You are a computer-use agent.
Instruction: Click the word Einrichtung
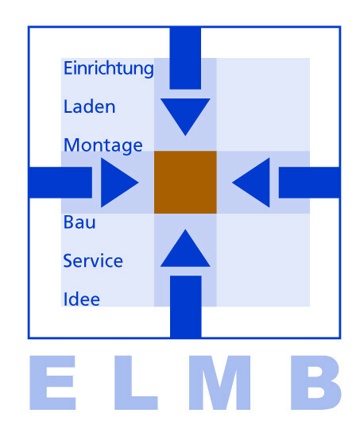(108, 69)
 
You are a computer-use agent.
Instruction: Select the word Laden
(89, 106)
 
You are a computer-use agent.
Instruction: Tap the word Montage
(103, 146)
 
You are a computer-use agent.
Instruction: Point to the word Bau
(79, 222)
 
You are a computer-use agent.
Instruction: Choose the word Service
(93, 260)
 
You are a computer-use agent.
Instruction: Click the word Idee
(81, 299)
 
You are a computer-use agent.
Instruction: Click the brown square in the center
(185, 182)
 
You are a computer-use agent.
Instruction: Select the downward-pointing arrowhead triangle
(185, 114)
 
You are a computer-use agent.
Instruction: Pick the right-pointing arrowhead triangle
(117, 183)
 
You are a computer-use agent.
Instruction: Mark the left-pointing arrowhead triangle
(254, 183)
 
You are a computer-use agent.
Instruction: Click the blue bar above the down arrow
(185, 57)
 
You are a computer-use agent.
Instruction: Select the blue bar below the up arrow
(185, 306)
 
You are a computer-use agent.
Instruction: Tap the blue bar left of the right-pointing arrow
(60, 183)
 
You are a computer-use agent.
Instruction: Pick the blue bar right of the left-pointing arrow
(309, 183)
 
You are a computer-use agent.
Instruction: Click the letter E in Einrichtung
(68, 69)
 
